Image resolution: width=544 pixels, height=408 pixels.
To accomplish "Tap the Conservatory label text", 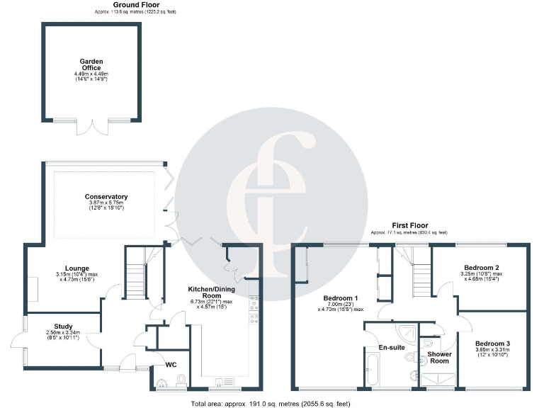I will click(106, 196).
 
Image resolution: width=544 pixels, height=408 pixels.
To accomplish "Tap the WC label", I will click(170, 365).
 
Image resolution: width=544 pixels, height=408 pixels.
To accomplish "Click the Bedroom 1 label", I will click(341, 297).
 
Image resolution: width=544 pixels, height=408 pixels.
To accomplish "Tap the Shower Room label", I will click(439, 356).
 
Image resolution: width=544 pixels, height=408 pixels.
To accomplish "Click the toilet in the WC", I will click(162, 384).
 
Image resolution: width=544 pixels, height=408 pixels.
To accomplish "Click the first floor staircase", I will click(421, 270).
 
